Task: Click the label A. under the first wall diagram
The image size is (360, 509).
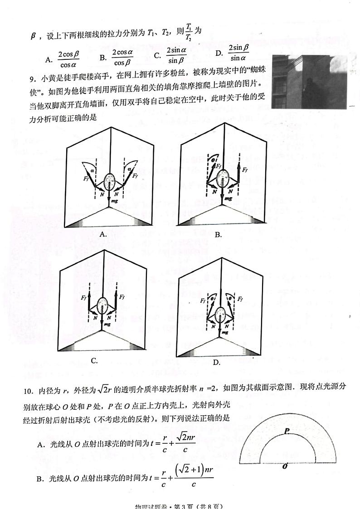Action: (103, 234)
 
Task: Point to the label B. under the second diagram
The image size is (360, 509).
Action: (218, 234)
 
